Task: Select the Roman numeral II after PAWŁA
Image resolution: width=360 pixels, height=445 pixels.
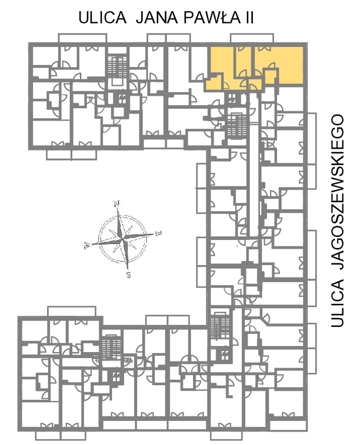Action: (x=249, y=18)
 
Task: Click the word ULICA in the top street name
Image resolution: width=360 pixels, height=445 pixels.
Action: (x=102, y=18)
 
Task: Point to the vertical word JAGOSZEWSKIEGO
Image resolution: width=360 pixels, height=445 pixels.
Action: (x=337, y=192)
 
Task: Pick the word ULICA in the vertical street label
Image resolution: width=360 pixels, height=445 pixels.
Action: (x=337, y=303)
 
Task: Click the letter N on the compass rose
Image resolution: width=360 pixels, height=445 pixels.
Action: (x=116, y=203)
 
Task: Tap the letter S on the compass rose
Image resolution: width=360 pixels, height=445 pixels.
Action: (x=129, y=275)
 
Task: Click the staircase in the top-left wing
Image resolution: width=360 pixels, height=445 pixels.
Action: (x=117, y=66)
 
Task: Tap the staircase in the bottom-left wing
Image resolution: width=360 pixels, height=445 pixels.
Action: (x=111, y=348)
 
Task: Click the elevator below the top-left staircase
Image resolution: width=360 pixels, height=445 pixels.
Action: (x=122, y=99)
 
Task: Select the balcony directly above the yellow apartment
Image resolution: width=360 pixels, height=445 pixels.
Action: (x=252, y=38)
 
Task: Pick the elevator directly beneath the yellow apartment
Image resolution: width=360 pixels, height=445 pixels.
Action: (x=232, y=99)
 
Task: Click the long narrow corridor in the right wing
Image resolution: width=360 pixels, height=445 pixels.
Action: (x=254, y=165)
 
